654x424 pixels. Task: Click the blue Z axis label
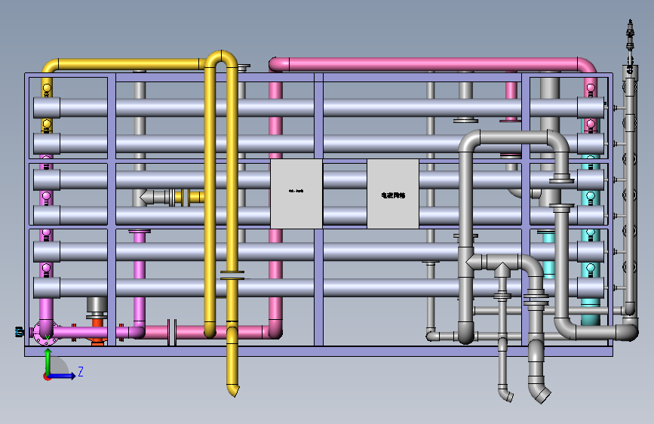(x=81, y=371)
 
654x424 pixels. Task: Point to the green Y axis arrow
(x=48, y=361)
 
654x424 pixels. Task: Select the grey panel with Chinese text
(x=393, y=194)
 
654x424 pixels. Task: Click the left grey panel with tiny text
(x=296, y=194)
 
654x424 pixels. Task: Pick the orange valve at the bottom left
(x=97, y=332)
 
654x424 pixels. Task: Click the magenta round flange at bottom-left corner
(x=45, y=332)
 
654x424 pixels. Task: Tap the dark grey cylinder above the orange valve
(x=97, y=306)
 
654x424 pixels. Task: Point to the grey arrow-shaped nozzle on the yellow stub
(x=149, y=197)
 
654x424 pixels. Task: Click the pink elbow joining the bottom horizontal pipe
(x=275, y=329)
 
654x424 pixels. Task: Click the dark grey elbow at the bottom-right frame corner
(x=627, y=330)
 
